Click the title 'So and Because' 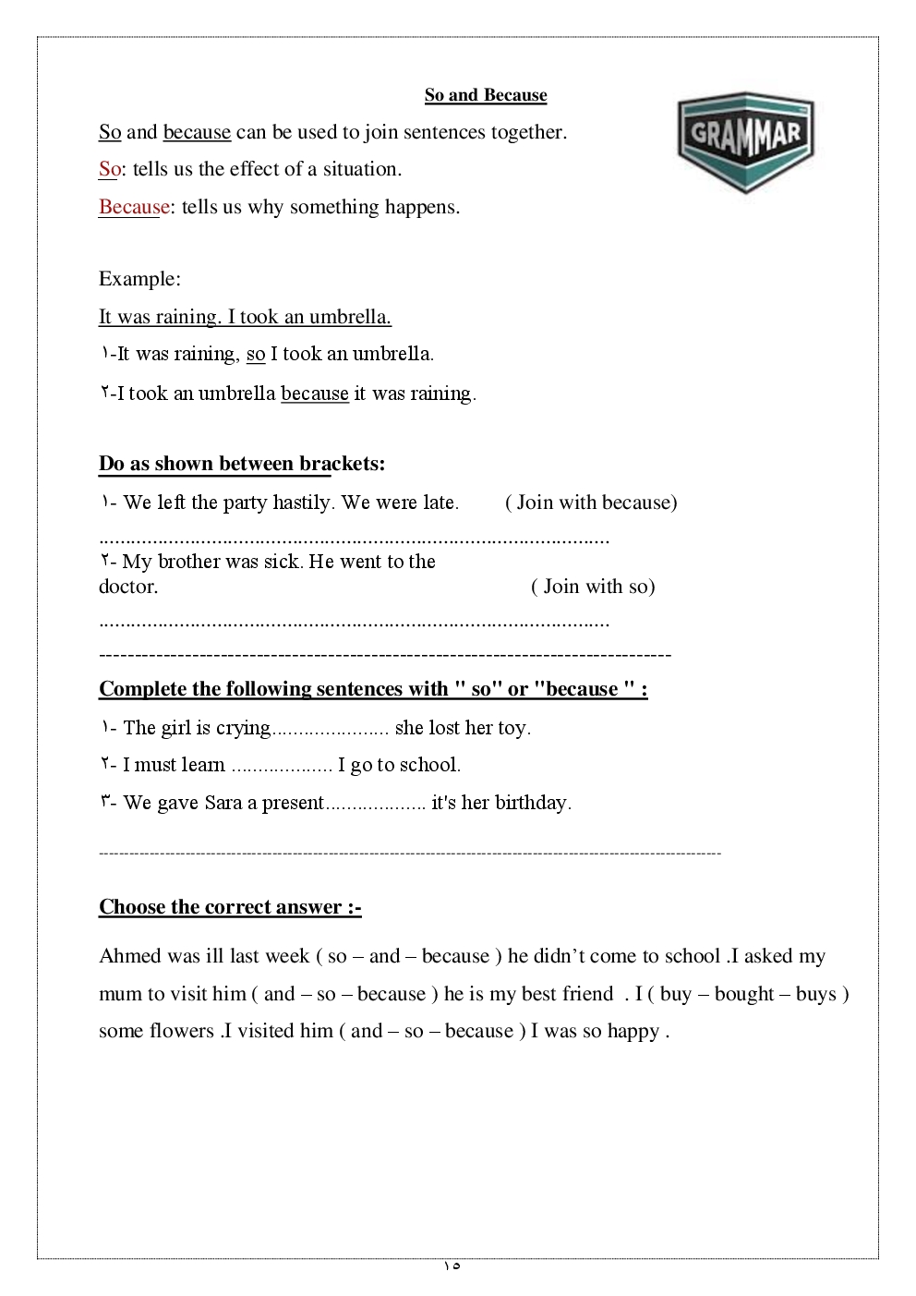click(x=486, y=95)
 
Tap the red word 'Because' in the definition click(x=134, y=207)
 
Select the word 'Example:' click(x=139, y=279)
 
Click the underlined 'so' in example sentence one click(x=256, y=354)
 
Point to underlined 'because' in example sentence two click(x=315, y=394)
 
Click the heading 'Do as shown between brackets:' click(x=242, y=464)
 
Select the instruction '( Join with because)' click(x=591, y=503)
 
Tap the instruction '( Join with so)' click(x=593, y=587)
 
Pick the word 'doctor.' click(x=128, y=587)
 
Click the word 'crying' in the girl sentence click(x=243, y=729)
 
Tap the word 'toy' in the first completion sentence click(x=512, y=728)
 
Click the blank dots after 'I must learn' click(x=281, y=766)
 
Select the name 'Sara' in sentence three click(x=223, y=803)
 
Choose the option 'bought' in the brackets click(x=743, y=994)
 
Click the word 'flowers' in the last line click(x=181, y=1031)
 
